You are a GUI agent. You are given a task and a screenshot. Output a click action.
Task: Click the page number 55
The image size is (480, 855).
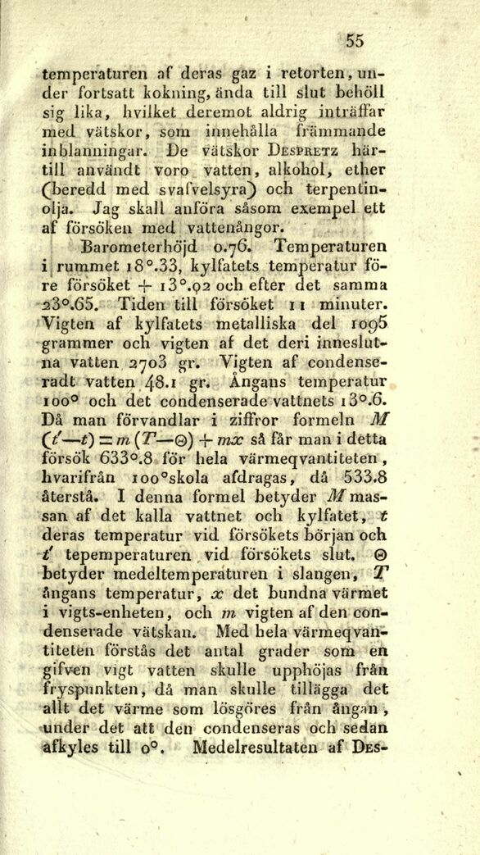point(355,39)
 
